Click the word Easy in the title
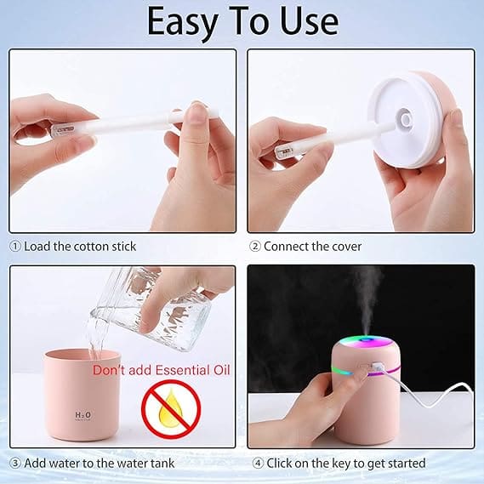click(182, 22)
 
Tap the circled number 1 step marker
click(15, 247)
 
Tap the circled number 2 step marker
click(255, 247)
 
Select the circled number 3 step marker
click(15, 464)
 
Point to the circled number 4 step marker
click(258, 464)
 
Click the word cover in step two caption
click(347, 247)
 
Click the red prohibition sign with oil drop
click(171, 408)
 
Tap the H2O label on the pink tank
click(83, 415)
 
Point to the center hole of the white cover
click(406, 120)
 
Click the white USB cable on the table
click(432, 389)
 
